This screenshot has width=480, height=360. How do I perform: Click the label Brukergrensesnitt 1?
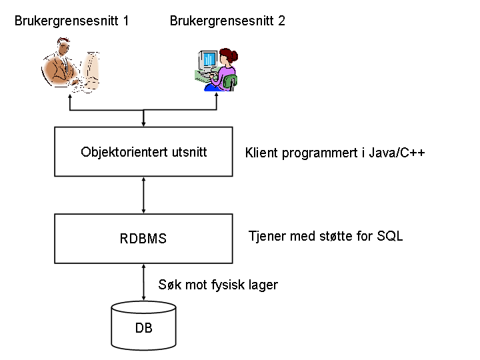pyautogui.click(x=71, y=21)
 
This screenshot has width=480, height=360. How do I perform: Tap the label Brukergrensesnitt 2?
pyautogui.click(x=227, y=21)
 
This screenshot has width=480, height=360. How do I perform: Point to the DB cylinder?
pyautogui.click(x=143, y=326)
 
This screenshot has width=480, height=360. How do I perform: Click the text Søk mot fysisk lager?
pyautogui.click(x=218, y=285)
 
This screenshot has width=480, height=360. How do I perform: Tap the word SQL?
pyautogui.click(x=390, y=236)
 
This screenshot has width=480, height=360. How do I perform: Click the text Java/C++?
pyautogui.click(x=397, y=153)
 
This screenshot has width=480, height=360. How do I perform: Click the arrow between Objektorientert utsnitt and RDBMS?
pyautogui.click(x=143, y=195)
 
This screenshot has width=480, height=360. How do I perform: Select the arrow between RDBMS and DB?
pyautogui.click(x=143, y=282)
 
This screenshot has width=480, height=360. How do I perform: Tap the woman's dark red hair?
pyautogui.click(x=229, y=56)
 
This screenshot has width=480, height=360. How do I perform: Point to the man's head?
pyautogui.click(x=63, y=46)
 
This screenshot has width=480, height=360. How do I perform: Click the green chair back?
pyautogui.click(x=230, y=81)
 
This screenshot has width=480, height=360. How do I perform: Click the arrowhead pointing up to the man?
pyautogui.click(x=70, y=97)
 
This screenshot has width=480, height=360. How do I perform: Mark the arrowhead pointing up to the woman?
pyautogui.click(x=217, y=95)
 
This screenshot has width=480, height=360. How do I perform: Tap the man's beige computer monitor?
pyautogui.click(x=91, y=71)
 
